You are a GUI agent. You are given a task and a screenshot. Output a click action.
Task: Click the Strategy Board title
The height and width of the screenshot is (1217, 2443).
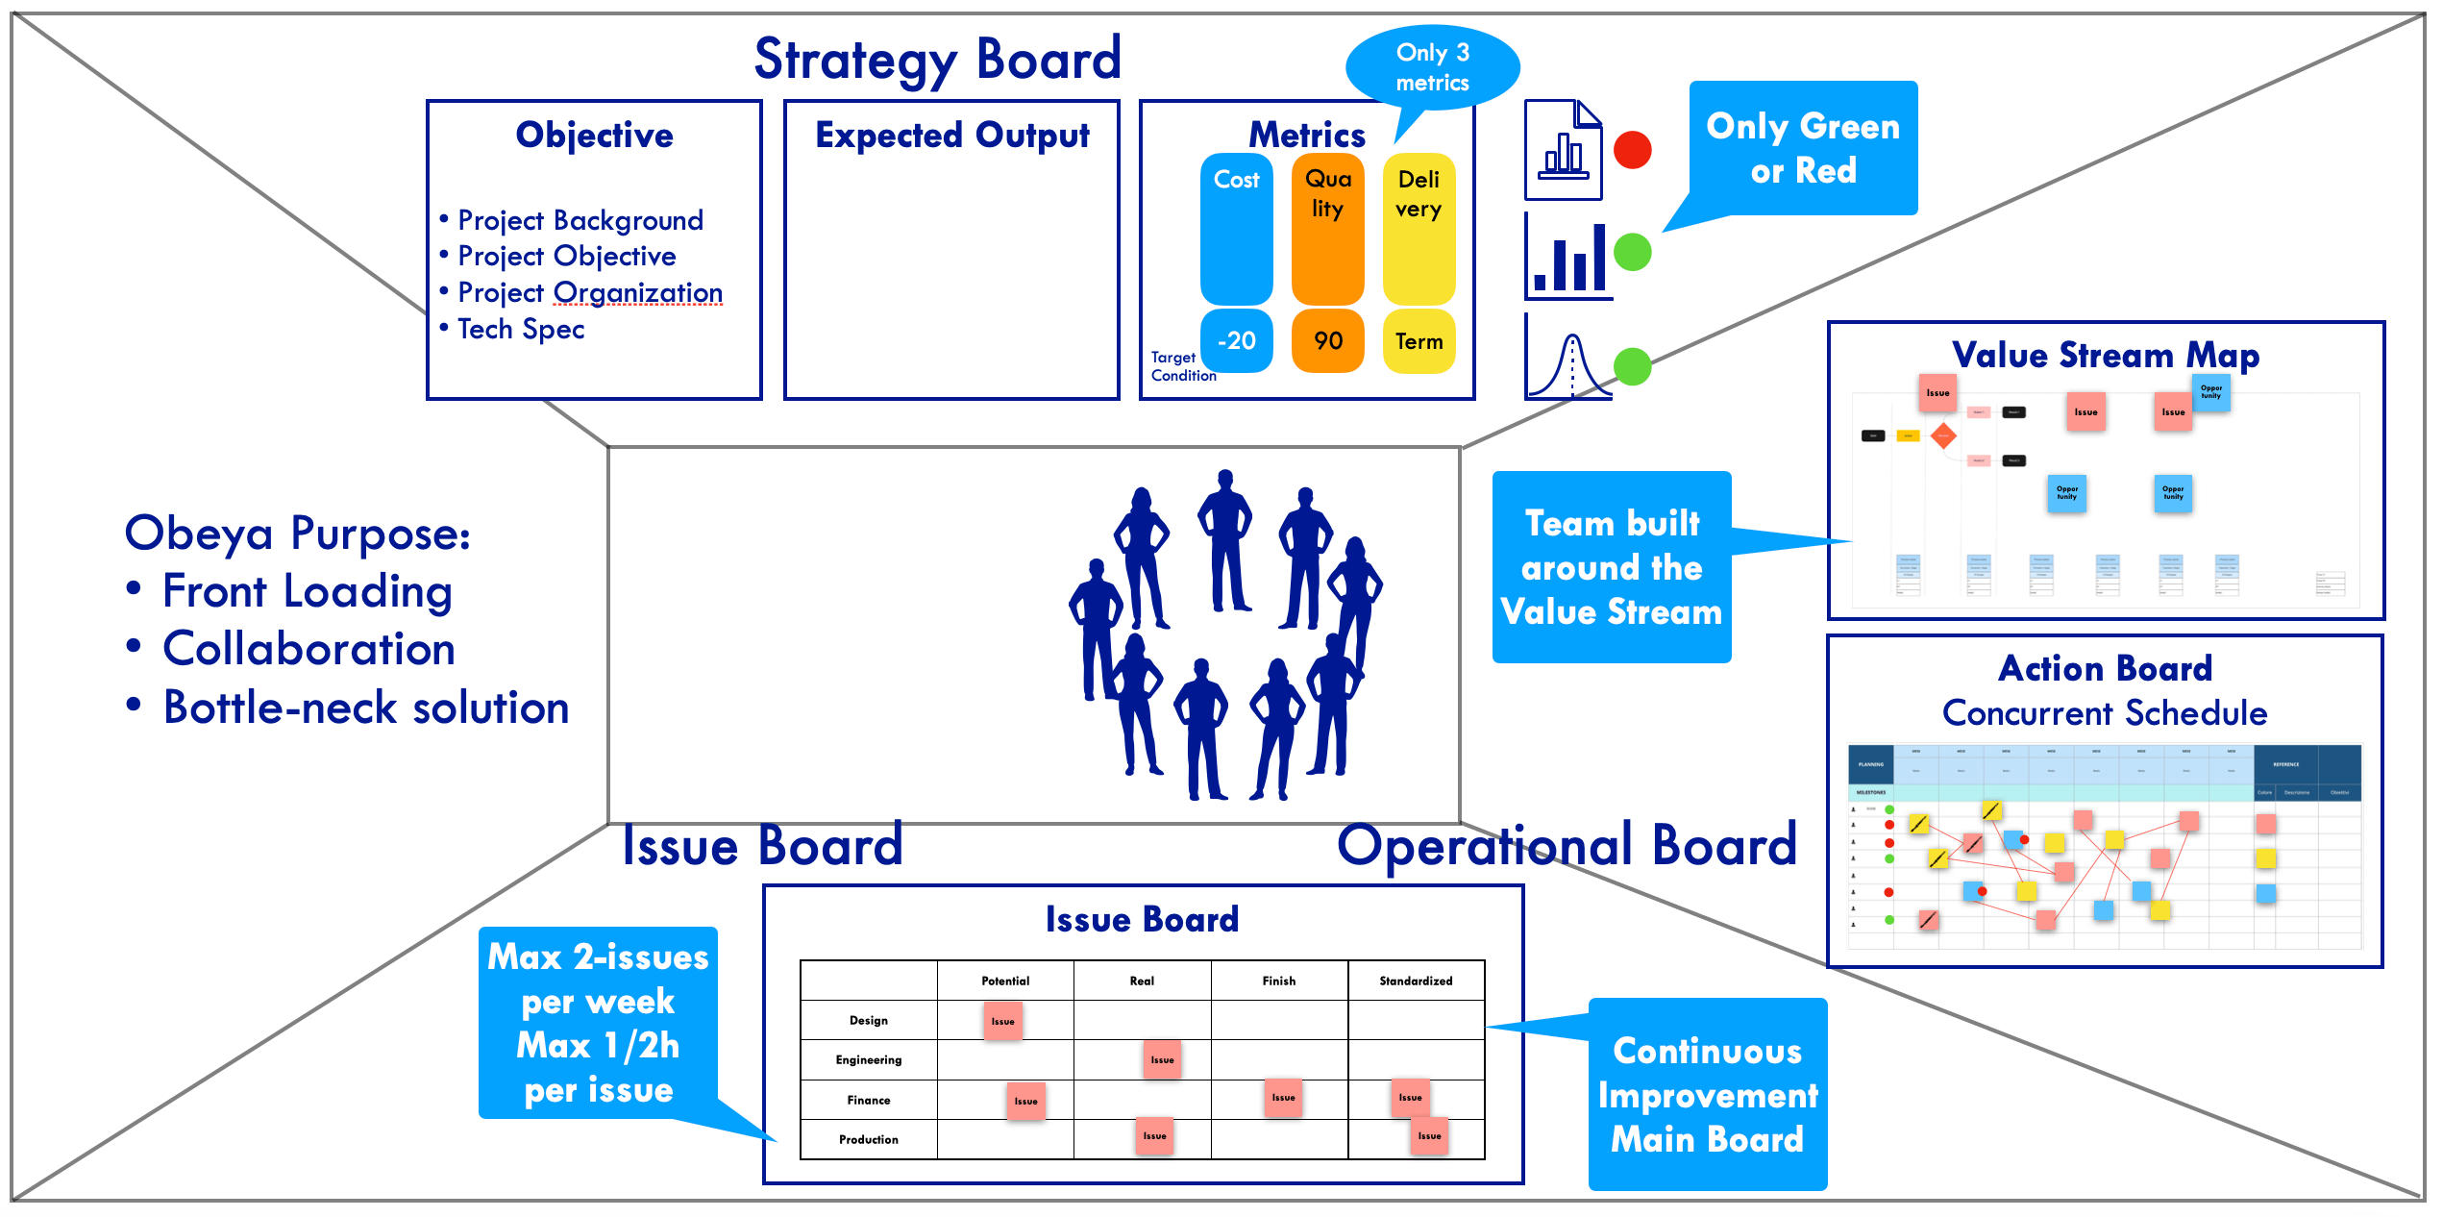(937, 60)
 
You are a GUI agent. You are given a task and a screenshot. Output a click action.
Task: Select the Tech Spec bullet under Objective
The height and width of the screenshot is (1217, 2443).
(520, 329)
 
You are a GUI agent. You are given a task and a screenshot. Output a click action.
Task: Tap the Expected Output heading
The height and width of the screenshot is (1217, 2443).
(951, 136)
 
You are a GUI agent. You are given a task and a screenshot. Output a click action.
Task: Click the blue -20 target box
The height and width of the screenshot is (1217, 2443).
(1236, 340)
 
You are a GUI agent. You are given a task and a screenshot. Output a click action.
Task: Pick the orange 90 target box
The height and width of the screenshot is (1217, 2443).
(1327, 340)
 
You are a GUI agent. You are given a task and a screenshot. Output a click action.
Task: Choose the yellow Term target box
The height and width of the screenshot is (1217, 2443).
(1419, 341)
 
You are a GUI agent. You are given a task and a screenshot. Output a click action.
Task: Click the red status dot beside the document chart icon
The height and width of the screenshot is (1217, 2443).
(1632, 150)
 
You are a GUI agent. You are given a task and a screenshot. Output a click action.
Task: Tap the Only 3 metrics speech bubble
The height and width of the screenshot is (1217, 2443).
(1432, 67)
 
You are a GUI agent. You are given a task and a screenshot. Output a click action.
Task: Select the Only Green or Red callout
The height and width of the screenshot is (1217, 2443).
(1803, 148)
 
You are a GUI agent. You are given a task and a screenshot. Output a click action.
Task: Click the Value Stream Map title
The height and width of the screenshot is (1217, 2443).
(2105, 355)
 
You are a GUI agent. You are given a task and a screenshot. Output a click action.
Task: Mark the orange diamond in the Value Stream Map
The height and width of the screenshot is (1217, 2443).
(1943, 435)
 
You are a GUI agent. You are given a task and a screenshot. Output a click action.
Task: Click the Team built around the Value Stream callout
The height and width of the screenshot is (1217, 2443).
(1612, 567)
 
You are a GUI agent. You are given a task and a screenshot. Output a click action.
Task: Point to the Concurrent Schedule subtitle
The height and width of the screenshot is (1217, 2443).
(2105, 713)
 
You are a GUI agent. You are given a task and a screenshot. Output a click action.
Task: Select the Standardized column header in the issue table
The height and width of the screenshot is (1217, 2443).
(1416, 981)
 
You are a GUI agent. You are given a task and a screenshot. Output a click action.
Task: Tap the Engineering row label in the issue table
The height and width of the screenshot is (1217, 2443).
(869, 1059)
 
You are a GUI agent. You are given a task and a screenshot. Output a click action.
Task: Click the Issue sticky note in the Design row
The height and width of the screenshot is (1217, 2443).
(1002, 1021)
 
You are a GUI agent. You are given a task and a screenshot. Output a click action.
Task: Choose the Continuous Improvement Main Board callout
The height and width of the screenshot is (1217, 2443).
(1707, 1095)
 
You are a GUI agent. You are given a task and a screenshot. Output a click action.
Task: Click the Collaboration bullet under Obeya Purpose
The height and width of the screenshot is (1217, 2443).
(308, 649)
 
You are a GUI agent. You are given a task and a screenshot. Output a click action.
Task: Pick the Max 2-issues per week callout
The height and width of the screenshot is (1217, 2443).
(598, 1023)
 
